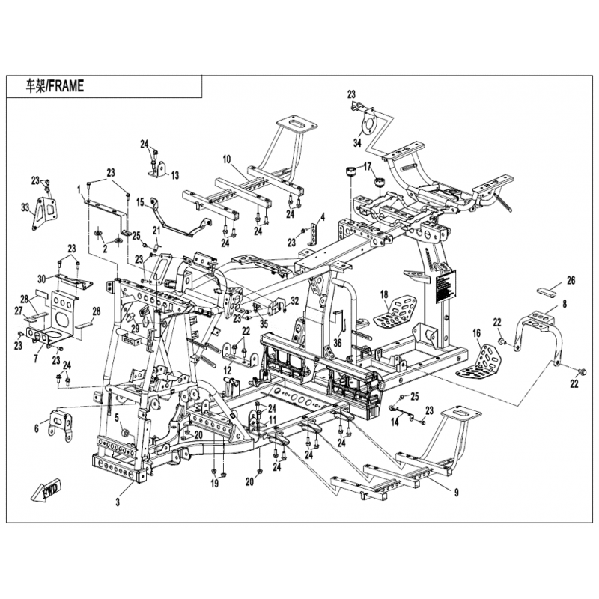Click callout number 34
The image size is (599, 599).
(x=357, y=142)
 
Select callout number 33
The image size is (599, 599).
(x=25, y=207)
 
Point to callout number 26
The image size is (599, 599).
(x=571, y=282)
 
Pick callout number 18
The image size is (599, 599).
(x=383, y=294)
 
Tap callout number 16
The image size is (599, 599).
(x=475, y=332)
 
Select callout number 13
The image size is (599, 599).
(x=175, y=175)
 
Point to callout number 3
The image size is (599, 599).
(x=118, y=503)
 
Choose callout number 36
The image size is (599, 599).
(x=338, y=343)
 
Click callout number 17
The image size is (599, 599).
(x=368, y=165)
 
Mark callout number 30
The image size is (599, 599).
(x=42, y=279)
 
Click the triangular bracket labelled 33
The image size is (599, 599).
(x=42, y=213)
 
